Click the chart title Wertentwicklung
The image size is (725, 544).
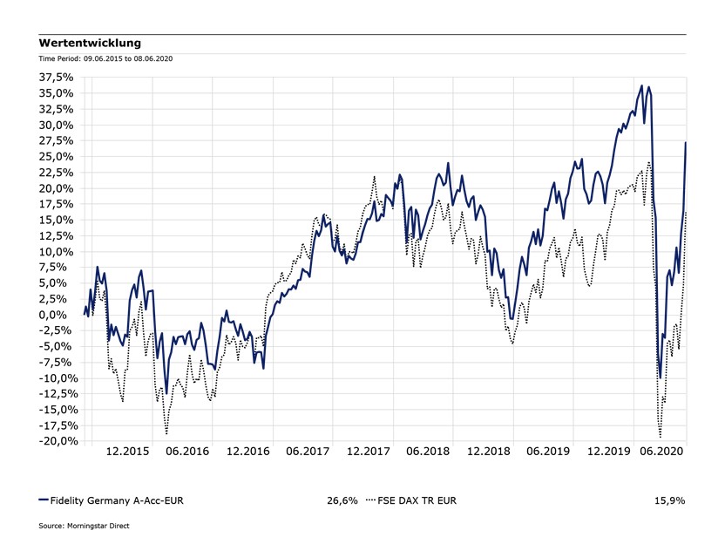pyautogui.click(x=90, y=43)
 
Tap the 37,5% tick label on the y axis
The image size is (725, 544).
pyautogui.click(x=56, y=77)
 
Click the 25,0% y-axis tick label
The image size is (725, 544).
pyautogui.click(x=56, y=156)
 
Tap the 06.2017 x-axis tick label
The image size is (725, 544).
pyautogui.click(x=308, y=452)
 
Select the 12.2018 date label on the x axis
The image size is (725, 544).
pyautogui.click(x=487, y=452)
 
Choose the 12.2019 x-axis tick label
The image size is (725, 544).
pyautogui.click(x=607, y=452)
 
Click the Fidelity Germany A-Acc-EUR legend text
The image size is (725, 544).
pyautogui.click(x=117, y=500)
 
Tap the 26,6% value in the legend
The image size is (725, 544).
pyautogui.click(x=342, y=500)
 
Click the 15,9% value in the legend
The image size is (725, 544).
pyautogui.click(x=669, y=500)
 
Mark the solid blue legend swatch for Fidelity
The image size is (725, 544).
pyautogui.click(x=44, y=500)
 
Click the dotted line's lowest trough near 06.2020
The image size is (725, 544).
pyautogui.click(x=660, y=437)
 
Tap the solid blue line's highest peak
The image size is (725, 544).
pyautogui.click(x=641, y=85)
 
